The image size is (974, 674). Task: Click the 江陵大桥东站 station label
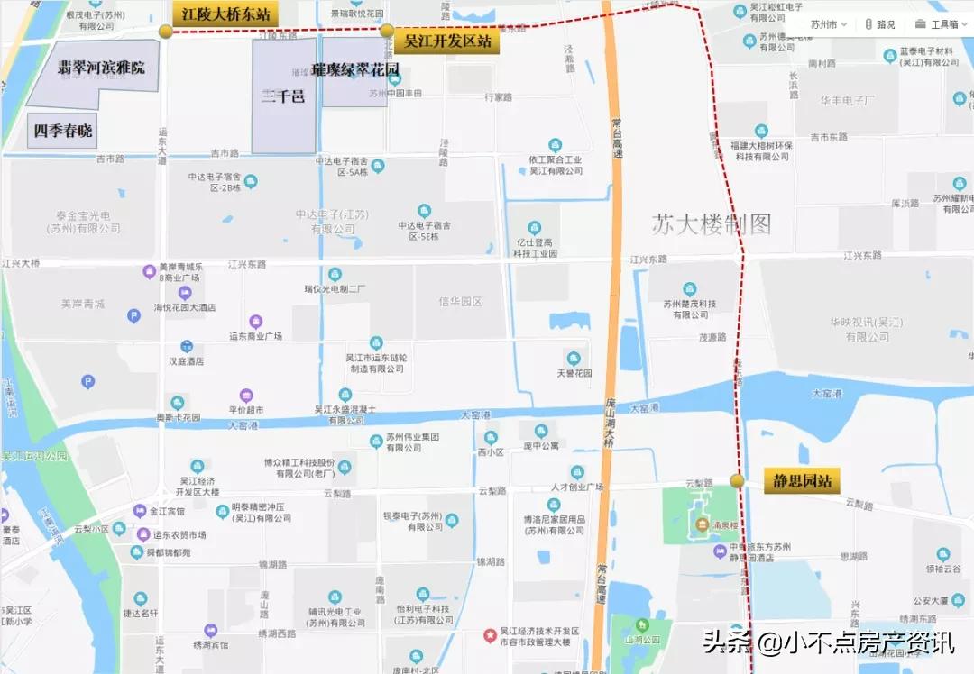225,15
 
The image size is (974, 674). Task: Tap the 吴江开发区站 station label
447,41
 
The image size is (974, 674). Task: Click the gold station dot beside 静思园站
738,481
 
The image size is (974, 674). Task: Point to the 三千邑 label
283,96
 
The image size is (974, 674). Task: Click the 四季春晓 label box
62,131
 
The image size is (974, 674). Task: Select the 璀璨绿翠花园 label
355,68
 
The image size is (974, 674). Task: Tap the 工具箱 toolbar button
938,24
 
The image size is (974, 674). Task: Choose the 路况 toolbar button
879,24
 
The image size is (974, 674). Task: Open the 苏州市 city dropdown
828,24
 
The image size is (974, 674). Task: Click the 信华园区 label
460,302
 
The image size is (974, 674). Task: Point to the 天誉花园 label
574,373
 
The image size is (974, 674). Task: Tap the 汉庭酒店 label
187,361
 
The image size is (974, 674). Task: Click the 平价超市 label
246,410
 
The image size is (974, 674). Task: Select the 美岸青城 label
83,304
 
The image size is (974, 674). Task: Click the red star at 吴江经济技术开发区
491,634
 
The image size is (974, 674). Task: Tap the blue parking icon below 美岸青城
134,316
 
